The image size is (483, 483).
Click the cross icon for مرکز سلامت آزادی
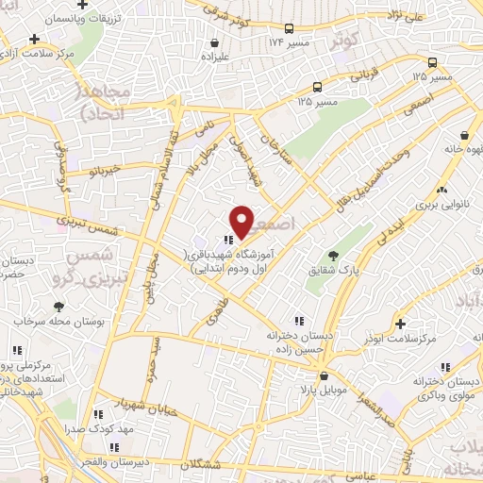pos(35,40)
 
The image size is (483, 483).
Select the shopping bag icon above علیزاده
pos(216,42)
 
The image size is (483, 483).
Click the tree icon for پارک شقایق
pos(332,256)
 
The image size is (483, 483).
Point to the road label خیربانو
pos(100,172)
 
